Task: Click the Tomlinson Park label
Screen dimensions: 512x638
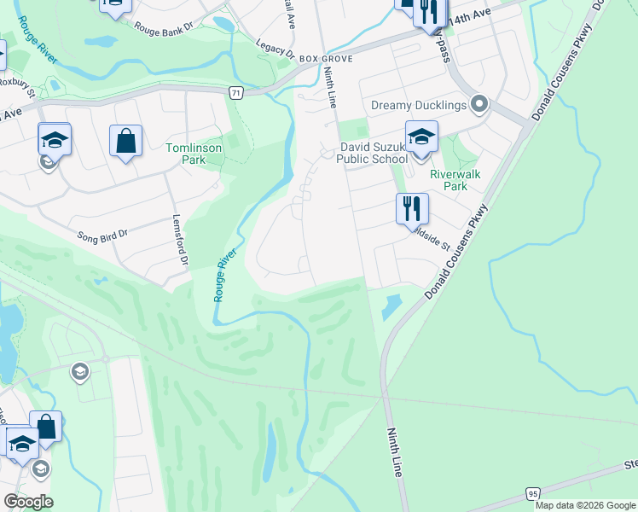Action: tap(194, 154)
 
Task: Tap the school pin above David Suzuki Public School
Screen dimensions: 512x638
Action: tap(421, 137)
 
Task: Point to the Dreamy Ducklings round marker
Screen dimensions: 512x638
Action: tap(479, 105)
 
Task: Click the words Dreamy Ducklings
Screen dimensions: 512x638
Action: tap(419, 105)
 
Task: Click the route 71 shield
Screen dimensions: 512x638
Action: tap(235, 92)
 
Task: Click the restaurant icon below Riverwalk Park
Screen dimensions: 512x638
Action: tap(412, 207)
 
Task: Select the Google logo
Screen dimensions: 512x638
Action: tap(28, 501)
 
